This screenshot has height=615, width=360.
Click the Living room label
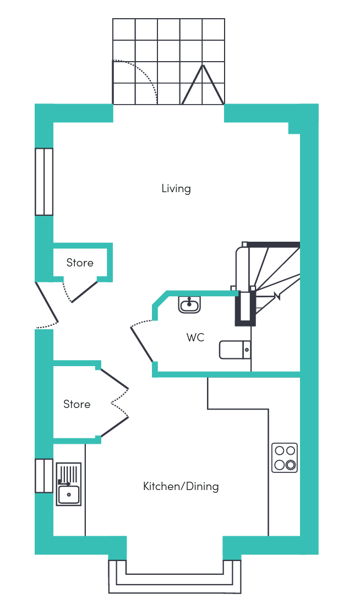click(x=176, y=188)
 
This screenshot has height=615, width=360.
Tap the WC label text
click(x=195, y=338)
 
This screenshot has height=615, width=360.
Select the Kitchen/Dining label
click(x=181, y=486)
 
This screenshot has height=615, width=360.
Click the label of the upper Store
click(x=80, y=263)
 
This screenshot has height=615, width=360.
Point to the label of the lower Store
click(x=77, y=404)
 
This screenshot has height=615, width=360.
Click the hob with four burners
click(x=285, y=458)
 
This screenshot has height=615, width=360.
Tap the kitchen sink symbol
click(x=69, y=485)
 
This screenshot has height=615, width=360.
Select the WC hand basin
click(x=189, y=304)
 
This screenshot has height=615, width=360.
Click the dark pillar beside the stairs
click(x=245, y=308)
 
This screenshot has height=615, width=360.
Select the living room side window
click(x=44, y=182)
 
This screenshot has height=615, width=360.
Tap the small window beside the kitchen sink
click(x=44, y=476)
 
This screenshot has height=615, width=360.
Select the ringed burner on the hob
click(x=291, y=465)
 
